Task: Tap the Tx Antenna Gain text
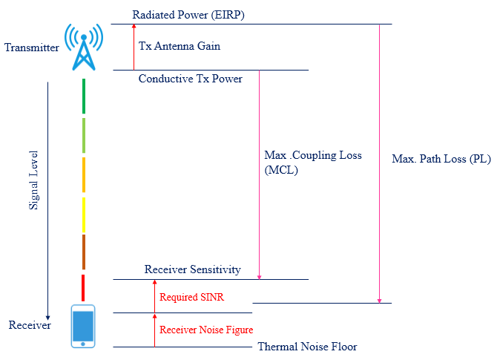pos(180,46)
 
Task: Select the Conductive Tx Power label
pos(191,79)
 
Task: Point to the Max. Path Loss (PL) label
pos(441,160)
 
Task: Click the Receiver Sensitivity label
pos(192,269)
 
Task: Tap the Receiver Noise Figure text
pos(206,330)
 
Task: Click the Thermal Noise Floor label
pos(307,347)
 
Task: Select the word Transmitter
pos(31,48)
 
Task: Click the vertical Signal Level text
pos(34,183)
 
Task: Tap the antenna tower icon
pos(84,46)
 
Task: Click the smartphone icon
pos(83,326)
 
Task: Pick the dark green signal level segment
pos(84,96)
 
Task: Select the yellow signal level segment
pos(84,215)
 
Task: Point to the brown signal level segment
pos(84,252)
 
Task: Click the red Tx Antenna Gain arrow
pos(134,46)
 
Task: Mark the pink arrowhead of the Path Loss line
pos(379,300)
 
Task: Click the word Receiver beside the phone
pos(30,325)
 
